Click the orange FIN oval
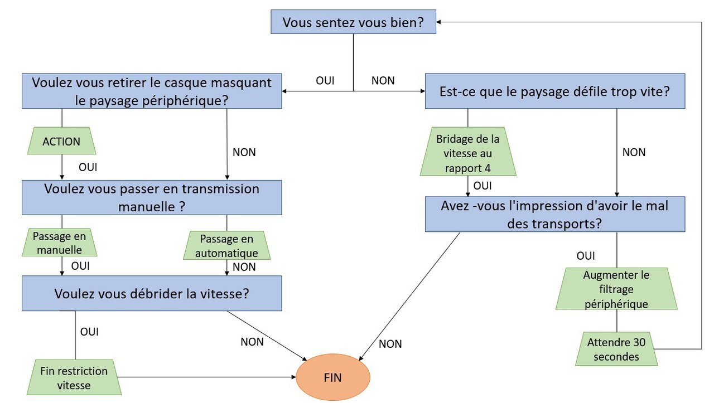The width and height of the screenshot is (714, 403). [x=333, y=377]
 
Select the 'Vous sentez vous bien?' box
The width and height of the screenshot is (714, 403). [x=353, y=22]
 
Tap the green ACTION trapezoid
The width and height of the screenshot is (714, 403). [x=61, y=141]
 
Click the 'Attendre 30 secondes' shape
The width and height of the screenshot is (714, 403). [x=616, y=349]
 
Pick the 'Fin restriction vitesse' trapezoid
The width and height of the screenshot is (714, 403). [x=74, y=377]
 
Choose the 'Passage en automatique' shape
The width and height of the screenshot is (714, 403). [x=226, y=245]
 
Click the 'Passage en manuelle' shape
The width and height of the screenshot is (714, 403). [x=60, y=242]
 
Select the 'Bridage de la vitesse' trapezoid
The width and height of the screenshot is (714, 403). [x=468, y=151]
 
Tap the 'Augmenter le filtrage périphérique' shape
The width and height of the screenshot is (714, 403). [x=616, y=289]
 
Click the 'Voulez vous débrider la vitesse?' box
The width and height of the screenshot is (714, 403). [x=152, y=293]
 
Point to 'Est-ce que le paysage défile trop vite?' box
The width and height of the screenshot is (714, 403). [x=555, y=91]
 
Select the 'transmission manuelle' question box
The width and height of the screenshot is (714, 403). [x=152, y=197]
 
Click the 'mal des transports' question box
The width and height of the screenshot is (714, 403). [x=555, y=215]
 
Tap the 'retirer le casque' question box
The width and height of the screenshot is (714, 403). [x=152, y=91]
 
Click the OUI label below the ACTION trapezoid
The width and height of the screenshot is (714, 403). [x=88, y=167]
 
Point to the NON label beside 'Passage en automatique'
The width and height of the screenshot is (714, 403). [x=244, y=267]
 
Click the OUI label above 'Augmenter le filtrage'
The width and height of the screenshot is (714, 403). [x=586, y=256]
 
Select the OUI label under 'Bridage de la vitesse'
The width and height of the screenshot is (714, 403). [x=483, y=186]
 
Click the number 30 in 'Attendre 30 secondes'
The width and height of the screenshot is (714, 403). [x=639, y=342]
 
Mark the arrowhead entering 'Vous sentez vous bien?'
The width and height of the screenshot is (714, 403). [x=438, y=22]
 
